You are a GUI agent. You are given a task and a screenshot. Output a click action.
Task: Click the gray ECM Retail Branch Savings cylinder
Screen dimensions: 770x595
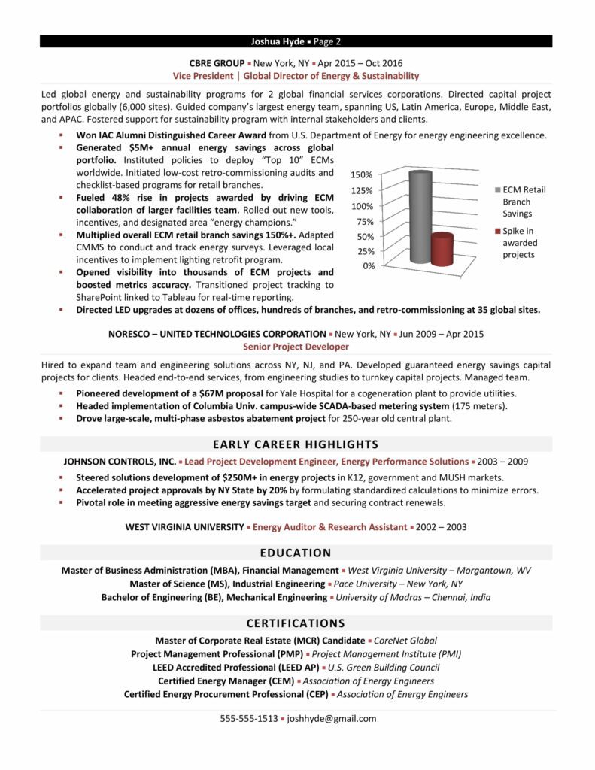point(420,217)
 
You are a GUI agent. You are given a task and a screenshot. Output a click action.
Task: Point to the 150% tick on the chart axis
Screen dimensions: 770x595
point(363,175)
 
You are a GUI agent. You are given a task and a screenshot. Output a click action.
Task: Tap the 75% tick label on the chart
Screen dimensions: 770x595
point(365,221)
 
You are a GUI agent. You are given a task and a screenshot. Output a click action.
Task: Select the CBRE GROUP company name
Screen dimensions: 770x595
point(217,63)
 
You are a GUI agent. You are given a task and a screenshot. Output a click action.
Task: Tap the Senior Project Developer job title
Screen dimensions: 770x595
point(296,347)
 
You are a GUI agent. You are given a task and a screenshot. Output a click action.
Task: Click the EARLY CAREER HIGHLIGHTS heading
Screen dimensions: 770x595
point(296,444)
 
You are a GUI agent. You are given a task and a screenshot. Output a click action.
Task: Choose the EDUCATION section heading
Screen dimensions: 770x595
point(296,553)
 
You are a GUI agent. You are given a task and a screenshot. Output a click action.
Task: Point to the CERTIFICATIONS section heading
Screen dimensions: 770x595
point(296,623)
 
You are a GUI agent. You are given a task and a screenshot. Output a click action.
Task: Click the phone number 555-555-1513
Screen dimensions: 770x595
point(248,718)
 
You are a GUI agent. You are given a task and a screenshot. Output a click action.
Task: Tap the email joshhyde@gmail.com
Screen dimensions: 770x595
point(332,718)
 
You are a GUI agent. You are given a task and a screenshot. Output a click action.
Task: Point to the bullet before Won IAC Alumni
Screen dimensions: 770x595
point(60,135)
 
